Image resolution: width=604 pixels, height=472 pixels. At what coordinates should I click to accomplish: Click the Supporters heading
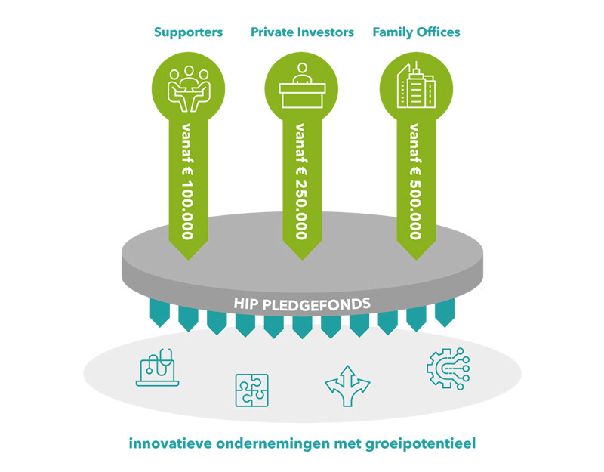(x=188, y=32)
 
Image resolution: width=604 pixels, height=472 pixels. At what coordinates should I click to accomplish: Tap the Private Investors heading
(x=302, y=32)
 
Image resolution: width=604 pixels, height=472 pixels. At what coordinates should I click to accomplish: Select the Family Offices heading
(x=416, y=32)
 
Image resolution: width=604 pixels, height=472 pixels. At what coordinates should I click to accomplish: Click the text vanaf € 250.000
(x=301, y=180)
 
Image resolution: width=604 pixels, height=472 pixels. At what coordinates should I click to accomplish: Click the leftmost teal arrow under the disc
(x=159, y=312)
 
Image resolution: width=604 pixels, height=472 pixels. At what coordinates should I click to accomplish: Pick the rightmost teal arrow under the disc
(x=445, y=312)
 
